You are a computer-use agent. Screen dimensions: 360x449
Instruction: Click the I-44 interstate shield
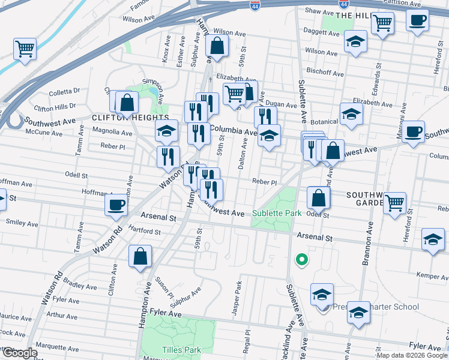coord(255,5)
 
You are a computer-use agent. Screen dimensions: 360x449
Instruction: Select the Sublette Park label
coord(276,213)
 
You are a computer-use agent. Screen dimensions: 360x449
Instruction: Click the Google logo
coord(19,353)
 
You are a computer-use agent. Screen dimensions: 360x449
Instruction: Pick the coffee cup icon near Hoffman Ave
coord(116,204)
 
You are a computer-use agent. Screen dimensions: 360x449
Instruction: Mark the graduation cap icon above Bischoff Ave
coord(355,41)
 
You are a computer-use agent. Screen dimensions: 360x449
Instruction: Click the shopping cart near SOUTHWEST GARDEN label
coord(394,203)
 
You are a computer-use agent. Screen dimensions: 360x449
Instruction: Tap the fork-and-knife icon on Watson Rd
coord(169,157)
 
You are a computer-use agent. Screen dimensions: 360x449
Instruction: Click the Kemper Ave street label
coord(432,275)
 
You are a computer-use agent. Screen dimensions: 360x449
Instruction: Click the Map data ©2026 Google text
coord(411,355)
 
